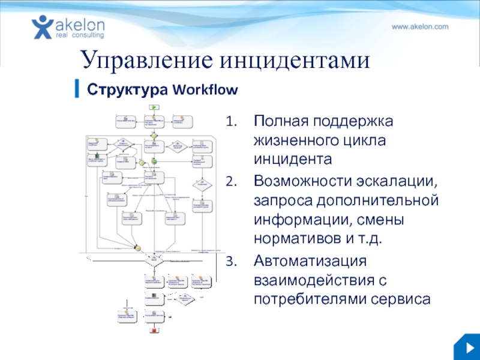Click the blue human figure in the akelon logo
pos(42,27)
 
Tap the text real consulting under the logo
pos(79,35)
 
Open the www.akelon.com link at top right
pos(420,27)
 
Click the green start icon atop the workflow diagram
pos(154,106)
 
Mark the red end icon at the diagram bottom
pos(154,330)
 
